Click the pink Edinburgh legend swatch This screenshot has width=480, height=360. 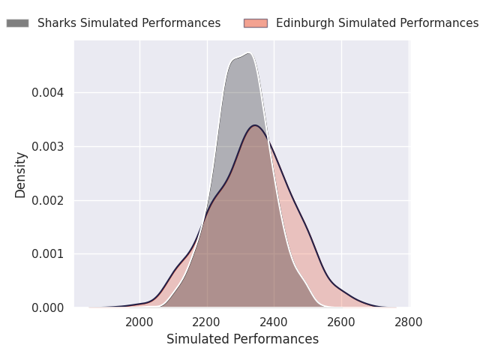256,23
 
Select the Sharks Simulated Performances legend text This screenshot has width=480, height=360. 129,23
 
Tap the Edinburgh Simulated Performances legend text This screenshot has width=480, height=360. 376,23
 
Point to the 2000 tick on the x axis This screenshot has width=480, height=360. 139,323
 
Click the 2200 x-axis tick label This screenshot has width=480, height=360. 207,323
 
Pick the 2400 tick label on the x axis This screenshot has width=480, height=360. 274,323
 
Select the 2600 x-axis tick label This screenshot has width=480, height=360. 341,323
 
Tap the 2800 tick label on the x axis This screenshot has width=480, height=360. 409,323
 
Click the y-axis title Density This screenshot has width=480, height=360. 21,175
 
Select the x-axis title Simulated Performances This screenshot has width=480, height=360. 242,340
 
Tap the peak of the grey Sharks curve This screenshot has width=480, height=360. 248,53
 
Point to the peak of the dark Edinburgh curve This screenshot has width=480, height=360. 255,125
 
